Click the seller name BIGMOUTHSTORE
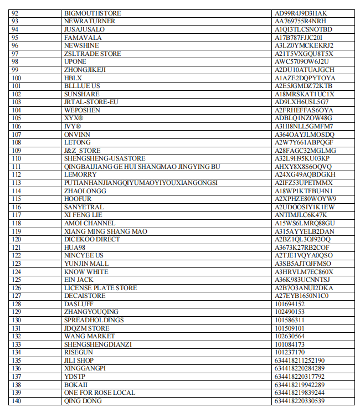tap(92, 13)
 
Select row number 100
tap(16, 78)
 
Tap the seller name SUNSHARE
tap(82, 94)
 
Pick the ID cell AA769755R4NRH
tap(300, 21)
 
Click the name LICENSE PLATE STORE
tap(100, 288)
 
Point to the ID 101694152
tap(290, 304)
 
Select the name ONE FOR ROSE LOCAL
tap(99, 393)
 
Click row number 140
tap(16, 401)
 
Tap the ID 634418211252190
tap(300, 360)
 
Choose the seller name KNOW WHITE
tap(86, 272)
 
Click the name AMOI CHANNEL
tap(90, 223)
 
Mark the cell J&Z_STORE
tap(82, 151)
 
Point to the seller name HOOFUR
tap(78, 199)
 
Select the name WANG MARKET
tap(89, 336)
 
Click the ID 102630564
tap(290, 336)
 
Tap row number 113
tap(16, 183)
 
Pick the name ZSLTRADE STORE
tap(92, 54)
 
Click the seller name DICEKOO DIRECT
tap(92, 239)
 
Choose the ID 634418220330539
tap(300, 401)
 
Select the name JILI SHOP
tap(79, 360)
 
